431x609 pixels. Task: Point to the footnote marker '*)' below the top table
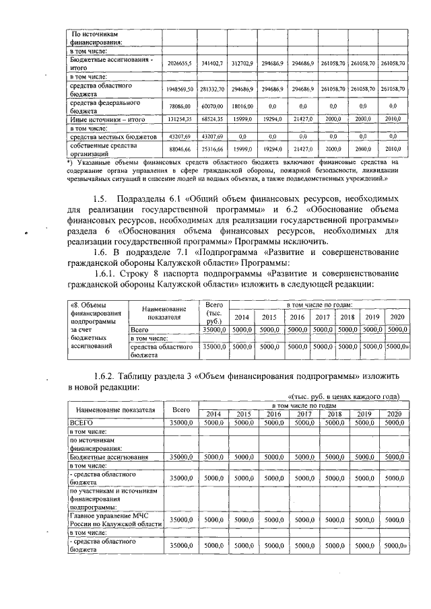click(x=70, y=163)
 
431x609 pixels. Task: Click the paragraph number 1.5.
click(x=102, y=199)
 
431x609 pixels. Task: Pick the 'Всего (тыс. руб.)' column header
click(x=213, y=312)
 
